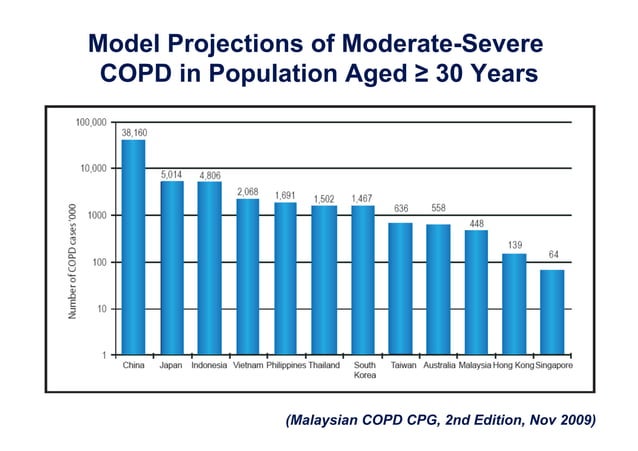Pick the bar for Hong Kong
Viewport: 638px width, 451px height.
coord(514,304)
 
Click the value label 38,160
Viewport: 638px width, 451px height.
coord(135,131)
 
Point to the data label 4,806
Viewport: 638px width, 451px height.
coord(210,174)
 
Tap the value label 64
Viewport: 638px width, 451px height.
coord(552,255)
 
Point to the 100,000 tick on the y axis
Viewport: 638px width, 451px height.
coord(91,122)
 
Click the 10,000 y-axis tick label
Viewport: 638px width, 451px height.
coord(94,168)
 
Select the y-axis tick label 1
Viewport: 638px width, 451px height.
coord(104,355)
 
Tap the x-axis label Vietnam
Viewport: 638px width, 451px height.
coord(247,366)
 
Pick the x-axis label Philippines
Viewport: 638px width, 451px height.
coord(286,366)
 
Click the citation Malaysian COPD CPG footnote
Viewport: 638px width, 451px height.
coord(440,420)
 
